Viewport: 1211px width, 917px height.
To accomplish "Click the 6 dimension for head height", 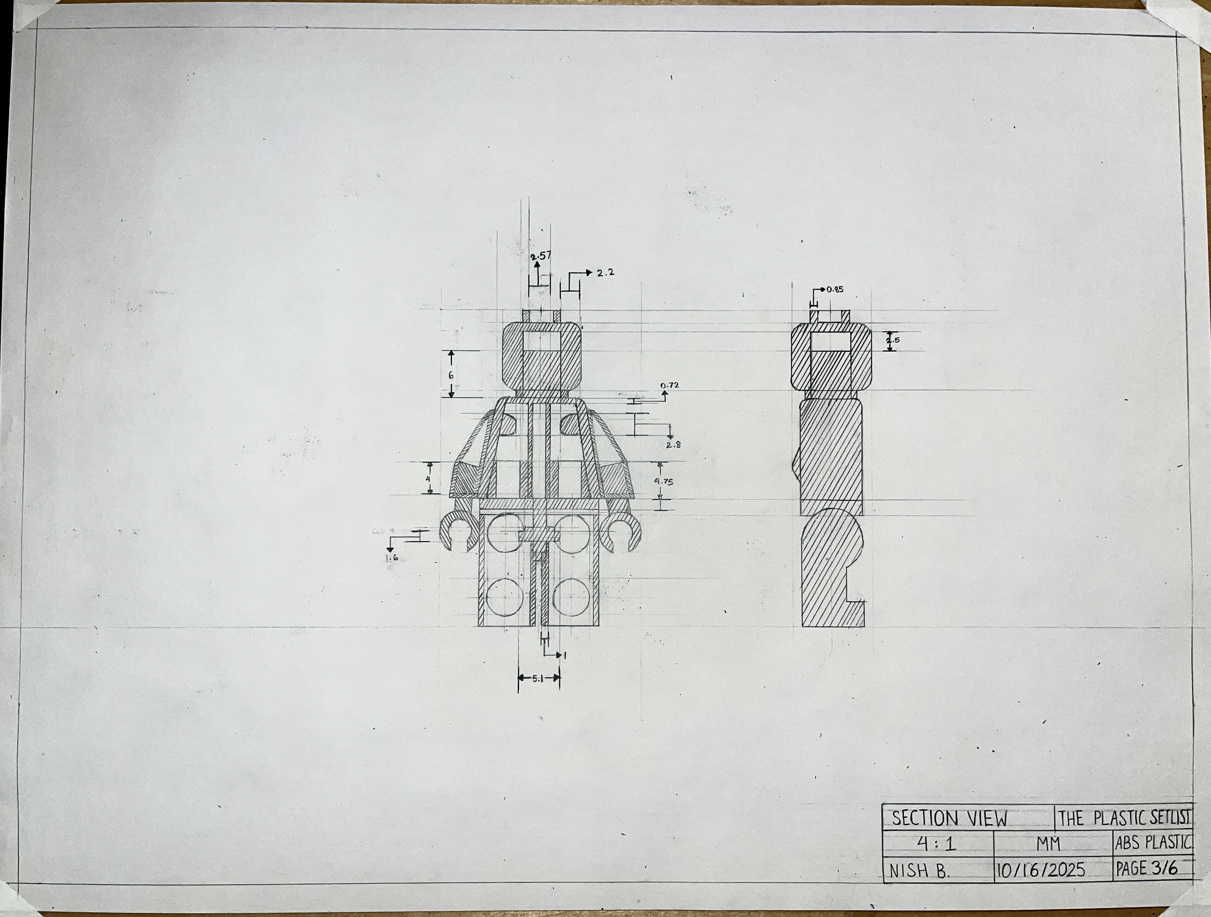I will pyautogui.click(x=451, y=375).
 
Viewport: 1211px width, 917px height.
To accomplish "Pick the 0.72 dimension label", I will pyautogui.click(x=669, y=385).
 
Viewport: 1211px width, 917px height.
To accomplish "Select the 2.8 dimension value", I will pyautogui.click(x=674, y=445).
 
